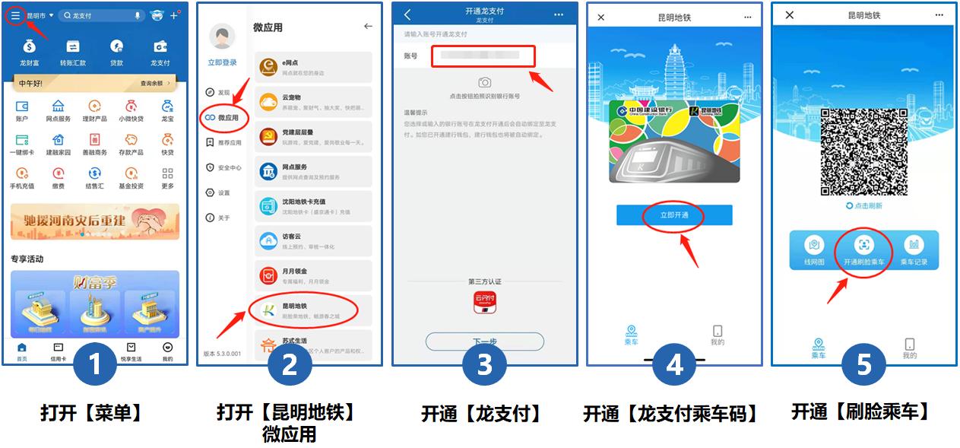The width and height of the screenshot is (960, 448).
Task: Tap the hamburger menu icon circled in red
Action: [15, 15]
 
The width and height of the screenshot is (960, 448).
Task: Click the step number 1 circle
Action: [95, 365]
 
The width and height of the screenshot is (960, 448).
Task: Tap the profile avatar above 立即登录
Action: [223, 37]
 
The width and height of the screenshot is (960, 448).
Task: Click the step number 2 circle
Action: [290, 365]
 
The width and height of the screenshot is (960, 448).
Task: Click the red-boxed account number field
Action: [483, 56]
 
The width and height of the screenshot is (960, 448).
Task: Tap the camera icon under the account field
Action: [484, 82]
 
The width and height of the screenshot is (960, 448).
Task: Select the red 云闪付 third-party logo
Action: [484, 302]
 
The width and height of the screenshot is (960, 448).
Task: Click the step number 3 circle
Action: [485, 365]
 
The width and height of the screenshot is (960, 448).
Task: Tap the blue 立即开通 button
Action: [673, 215]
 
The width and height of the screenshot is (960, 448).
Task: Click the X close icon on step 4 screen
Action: [601, 17]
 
